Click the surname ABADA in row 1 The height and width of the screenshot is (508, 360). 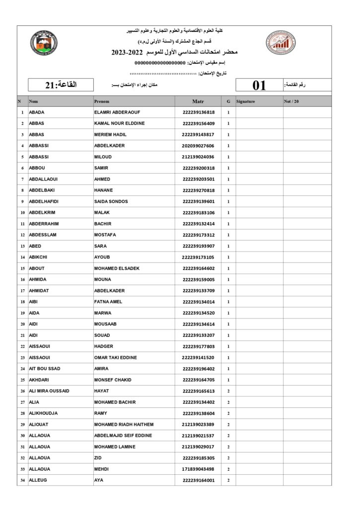37,112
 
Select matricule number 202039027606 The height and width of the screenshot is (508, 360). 198,146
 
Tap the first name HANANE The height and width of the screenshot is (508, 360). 103,190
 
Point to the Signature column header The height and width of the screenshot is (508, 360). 246,101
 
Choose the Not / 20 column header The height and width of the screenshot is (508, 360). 291,101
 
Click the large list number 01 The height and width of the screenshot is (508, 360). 259,85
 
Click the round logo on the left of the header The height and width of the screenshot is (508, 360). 43,43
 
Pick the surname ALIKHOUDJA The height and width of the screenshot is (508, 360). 43,413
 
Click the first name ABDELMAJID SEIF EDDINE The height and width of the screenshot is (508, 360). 123,436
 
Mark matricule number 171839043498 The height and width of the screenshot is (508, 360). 198,469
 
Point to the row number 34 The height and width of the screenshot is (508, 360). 22,480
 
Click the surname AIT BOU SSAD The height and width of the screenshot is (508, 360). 45,369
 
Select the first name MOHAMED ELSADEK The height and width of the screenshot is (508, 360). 117,268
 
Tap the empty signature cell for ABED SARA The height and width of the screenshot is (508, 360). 259,246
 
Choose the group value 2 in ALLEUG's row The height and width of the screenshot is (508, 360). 228,480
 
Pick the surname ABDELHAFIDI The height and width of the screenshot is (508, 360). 44,201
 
